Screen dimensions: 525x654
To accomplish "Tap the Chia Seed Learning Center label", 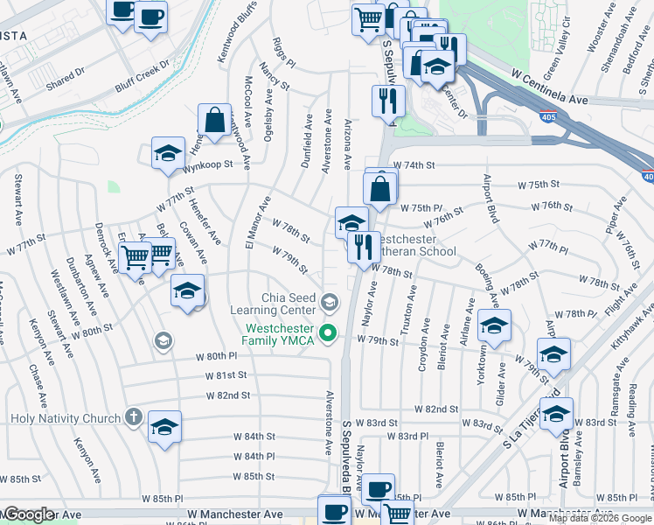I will (x=272, y=303).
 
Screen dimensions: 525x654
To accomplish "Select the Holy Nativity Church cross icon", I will (x=133, y=417).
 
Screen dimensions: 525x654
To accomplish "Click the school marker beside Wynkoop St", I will (x=168, y=154).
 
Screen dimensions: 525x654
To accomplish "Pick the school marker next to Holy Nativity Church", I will (x=164, y=428).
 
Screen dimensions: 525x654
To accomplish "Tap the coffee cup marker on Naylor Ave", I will (x=378, y=490).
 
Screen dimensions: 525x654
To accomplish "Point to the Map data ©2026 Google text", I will (x=599, y=518).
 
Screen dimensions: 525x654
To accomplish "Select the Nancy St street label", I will (x=274, y=82).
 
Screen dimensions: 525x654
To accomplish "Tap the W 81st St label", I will (x=226, y=374).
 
